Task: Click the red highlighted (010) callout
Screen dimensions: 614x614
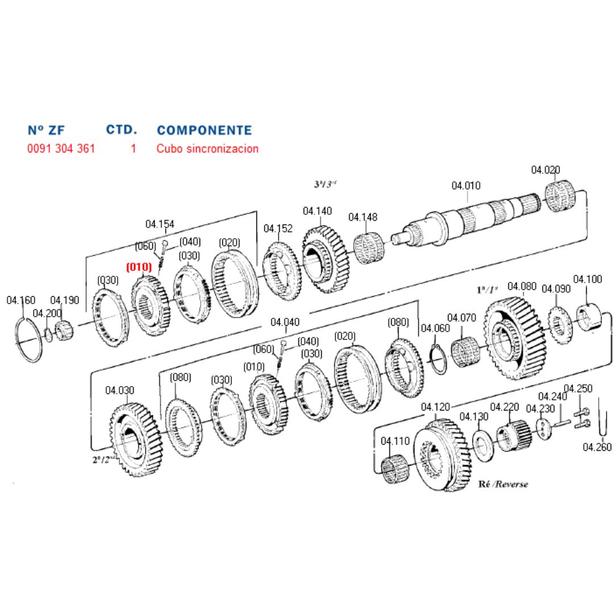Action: coord(139,267)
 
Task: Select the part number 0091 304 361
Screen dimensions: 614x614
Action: coord(61,149)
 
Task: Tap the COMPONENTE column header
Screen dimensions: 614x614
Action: coord(204,131)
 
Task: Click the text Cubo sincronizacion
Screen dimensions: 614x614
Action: coord(208,149)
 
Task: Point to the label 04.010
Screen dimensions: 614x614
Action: coord(466,185)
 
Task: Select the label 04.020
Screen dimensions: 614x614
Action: coord(545,169)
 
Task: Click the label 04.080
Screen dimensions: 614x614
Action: coord(521,286)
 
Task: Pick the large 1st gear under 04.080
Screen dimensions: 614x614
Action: coord(515,339)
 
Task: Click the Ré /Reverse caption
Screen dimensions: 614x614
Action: coord(504,484)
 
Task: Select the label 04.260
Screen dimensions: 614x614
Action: coord(597,447)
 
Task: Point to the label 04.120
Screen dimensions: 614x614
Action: coord(435,407)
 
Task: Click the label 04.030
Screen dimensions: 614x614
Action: coord(119,391)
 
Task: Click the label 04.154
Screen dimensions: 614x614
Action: coord(160,224)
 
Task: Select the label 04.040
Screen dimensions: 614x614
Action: coord(285,322)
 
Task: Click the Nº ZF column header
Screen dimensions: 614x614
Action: coord(46,131)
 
